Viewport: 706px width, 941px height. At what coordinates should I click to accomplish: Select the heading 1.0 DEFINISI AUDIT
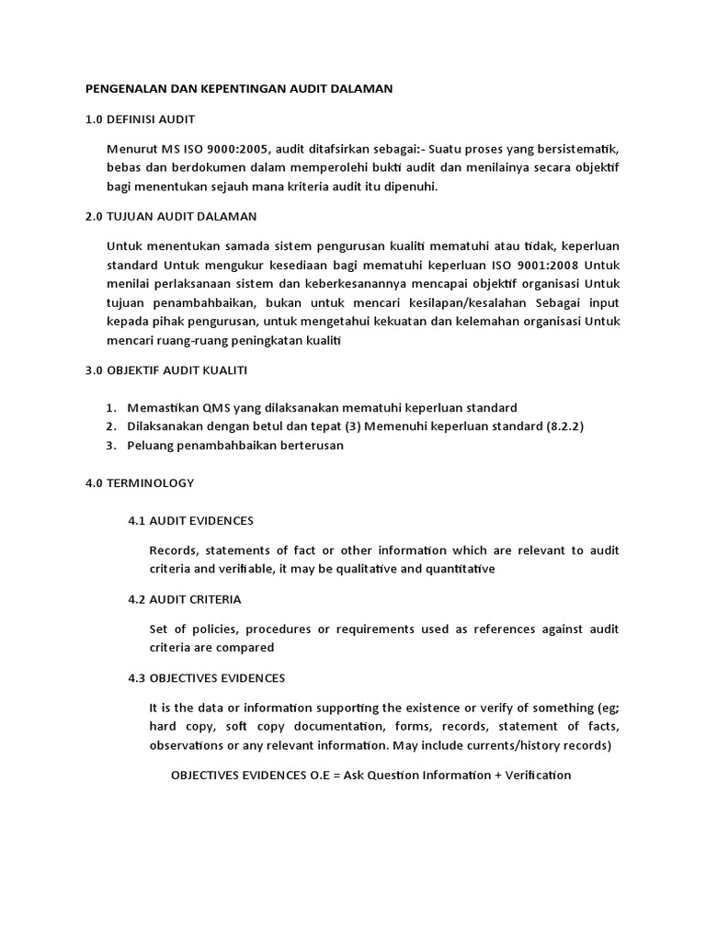[140, 119]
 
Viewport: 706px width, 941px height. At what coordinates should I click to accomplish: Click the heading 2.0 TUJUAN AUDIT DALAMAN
[171, 216]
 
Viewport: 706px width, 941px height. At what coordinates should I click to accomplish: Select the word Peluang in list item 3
[152, 446]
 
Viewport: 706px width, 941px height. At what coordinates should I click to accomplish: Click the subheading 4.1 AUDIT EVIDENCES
[190, 520]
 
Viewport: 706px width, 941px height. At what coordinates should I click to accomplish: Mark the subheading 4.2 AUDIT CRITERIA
[184, 599]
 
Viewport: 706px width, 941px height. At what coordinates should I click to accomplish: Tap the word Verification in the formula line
[538, 775]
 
